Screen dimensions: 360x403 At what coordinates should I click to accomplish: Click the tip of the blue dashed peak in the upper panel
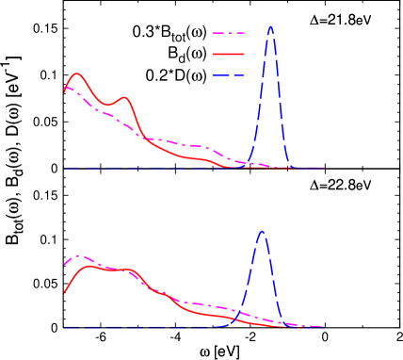click(x=271, y=26)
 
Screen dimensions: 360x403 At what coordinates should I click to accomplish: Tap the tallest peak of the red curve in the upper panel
click(x=77, y=74)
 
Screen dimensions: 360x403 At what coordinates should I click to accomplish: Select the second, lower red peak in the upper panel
click(x=123, y=97)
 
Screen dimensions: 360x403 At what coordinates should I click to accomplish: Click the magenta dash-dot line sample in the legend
click(x=229, y=34)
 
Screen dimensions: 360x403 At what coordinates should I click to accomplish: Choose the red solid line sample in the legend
click(x=229, y=55)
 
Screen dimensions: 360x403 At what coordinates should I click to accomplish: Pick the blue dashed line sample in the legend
click(x=229, y=75)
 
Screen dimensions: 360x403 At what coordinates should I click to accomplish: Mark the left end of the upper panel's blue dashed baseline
click(x=65, y=169)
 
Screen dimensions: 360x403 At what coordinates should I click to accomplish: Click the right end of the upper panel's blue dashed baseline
click(x=323, y=169)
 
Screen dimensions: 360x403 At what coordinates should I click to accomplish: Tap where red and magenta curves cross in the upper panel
click(x=141, y=135)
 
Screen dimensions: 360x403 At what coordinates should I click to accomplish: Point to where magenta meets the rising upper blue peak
click(x=250, y=162)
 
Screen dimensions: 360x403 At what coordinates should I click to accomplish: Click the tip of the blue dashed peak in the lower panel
click(x=262, y=232)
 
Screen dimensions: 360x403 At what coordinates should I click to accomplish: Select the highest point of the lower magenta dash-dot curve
click(x=79, y=255)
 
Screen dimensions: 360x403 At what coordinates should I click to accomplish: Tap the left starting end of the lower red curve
click(x=65, y=294)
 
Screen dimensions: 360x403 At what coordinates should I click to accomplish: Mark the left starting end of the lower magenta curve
click(x=65, y=264)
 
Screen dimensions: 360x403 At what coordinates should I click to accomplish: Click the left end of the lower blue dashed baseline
click(x=65, y=327)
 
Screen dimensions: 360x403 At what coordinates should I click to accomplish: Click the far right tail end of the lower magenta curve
click(x=323, y=327)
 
